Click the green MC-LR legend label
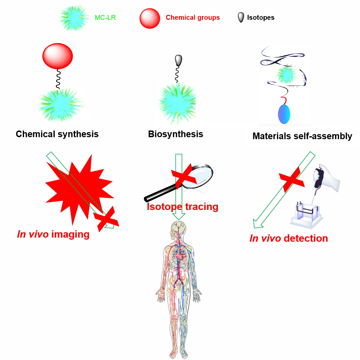click(105, 18)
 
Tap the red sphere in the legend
click(150, 18)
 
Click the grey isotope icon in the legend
click(241, 17)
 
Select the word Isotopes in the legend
click(261, 17)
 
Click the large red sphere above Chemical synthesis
click(58, 56)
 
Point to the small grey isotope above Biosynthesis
click(178, 60)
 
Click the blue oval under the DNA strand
click(284, 114)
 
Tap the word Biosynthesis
click(175, 134)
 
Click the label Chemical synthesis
click(57, 134)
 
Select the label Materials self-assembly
click(302, 136)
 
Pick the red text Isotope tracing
click(183, 206)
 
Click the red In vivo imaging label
click(53, 234)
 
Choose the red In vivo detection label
click(289, 238)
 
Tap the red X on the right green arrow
click(292, 180)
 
